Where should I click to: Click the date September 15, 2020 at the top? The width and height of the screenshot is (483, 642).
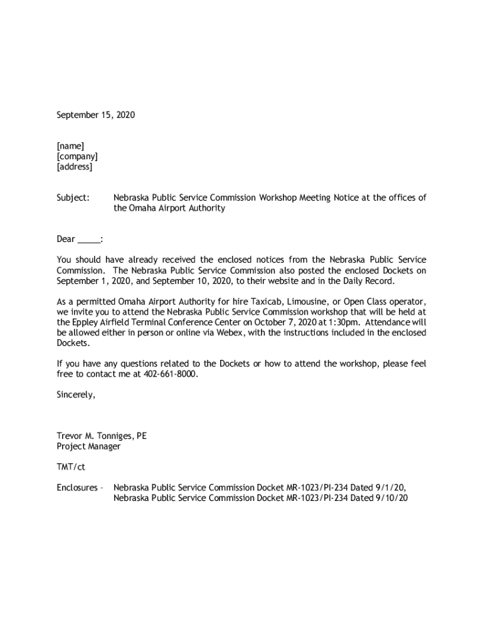(x=95, y=115)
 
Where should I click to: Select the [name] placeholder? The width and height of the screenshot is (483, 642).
(x=70, y=146)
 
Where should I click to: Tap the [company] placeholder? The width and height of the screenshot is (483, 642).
(x=77, y=157)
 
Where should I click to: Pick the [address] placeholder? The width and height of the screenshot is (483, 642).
(x=75, y=167)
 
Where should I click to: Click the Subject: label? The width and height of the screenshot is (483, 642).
(x=73, y=197)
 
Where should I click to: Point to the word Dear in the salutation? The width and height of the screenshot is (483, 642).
(x=66, y=239)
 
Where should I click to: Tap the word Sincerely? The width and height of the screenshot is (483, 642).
(x=76, y=395)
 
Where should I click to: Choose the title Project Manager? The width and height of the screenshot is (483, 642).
(x=88, y=446)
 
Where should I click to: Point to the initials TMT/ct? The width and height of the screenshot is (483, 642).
(x=71, y=467)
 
